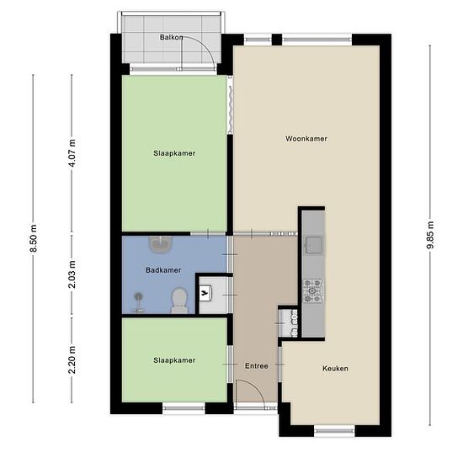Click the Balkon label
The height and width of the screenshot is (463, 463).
click(171, 37)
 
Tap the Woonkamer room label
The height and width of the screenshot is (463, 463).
click(306, 139)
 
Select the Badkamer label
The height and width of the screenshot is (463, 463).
click(163, 270)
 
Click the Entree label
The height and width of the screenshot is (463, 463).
click(257, 366)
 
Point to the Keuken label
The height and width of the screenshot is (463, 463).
click(335, 368)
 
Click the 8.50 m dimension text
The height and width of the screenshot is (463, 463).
click(34, 238)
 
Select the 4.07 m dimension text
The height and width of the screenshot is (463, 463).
click(72, 152)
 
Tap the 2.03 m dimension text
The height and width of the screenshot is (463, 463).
click(72, 274)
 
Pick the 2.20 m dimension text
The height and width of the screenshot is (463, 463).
click(72, 359)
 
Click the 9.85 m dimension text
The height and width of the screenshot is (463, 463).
click(430, 235)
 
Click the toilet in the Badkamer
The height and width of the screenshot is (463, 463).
click(179, 301)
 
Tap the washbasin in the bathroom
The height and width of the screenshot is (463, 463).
click(160, 245)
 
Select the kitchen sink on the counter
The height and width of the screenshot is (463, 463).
click(314, 245)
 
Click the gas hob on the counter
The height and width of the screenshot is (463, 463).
click(313, 291)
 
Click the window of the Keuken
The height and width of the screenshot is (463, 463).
click(334, 431)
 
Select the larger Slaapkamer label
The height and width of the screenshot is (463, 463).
click(174, 153)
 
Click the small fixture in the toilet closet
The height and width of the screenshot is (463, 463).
click(205, 293)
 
